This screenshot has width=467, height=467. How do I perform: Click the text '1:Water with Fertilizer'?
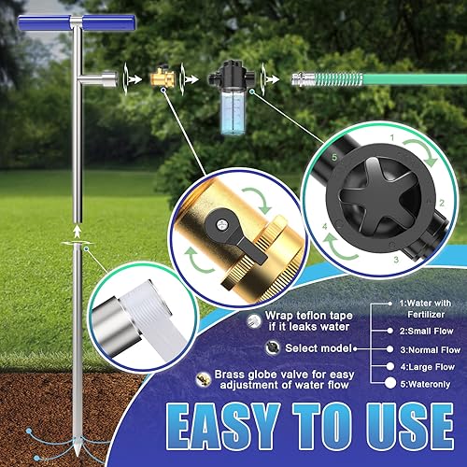pos(424,309)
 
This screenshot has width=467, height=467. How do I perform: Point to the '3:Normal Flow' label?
pos(431,350)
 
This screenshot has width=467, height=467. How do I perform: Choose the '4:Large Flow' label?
pos(427,367)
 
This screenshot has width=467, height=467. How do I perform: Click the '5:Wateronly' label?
pos(429,383)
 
